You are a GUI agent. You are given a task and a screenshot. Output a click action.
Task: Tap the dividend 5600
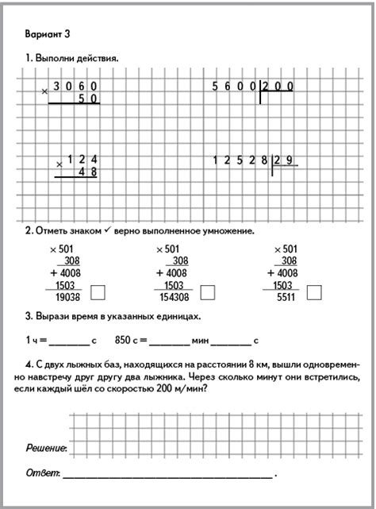click(x=232, y=86)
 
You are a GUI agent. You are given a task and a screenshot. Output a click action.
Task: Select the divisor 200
click(x=278, y=86)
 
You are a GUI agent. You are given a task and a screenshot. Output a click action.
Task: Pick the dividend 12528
click(x=238, y=160)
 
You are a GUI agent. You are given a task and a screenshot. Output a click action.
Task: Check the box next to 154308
click(x=208, y=292)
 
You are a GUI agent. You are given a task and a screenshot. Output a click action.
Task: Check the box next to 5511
click(x=314, y=292)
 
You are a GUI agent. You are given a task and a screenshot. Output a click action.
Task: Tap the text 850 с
click(x=127, y=341)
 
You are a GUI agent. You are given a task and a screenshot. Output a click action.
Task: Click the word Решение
click(x=46, y=449)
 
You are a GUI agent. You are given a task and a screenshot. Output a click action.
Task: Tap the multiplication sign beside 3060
click(x=44, y=92)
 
